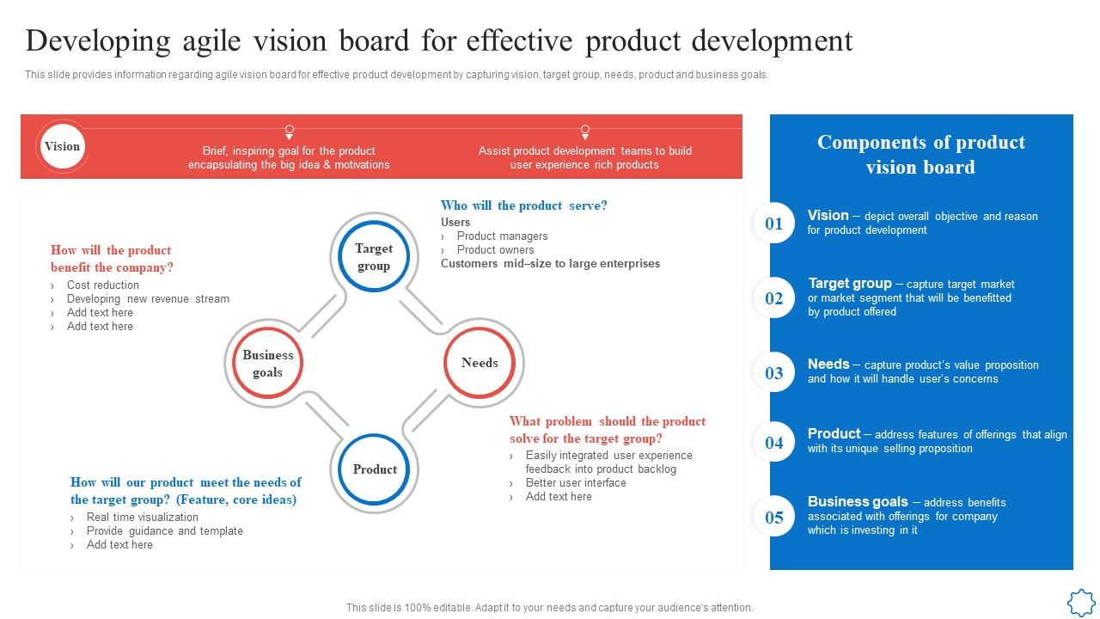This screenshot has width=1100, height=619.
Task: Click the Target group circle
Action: click(x=374, y=257)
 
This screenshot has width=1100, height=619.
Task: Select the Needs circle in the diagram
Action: click(x=480, y=363)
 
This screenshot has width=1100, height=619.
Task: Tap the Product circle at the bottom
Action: click(x=375, y=469)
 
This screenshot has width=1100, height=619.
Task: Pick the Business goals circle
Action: click(x=267, y=363)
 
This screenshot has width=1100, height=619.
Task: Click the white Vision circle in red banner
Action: click(x=62, y=147)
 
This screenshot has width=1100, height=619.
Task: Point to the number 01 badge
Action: click(x=774, y=224)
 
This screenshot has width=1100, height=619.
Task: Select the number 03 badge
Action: click(x=774, y=372)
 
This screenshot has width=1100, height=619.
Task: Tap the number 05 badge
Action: click(x=774, y=517)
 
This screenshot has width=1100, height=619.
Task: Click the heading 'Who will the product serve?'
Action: click(x=523, y=205)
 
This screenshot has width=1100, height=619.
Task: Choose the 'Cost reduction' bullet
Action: click(x=102, y=285)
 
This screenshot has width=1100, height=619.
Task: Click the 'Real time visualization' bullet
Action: click(x=142, y=518)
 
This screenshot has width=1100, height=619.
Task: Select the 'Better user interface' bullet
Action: click(x=576, y=483)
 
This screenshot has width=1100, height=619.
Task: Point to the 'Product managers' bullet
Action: click(x=502, y=236)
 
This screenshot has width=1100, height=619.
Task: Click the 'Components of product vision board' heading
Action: click(x=920, y=155)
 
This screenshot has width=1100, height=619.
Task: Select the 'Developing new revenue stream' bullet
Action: click(x=148, y=299)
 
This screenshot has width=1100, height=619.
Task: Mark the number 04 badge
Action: click(x=774, y=443)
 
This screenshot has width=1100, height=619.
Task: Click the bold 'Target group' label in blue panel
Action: click(x=849, y=283)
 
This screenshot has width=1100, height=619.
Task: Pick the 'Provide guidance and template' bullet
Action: click(x=164, y=531)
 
